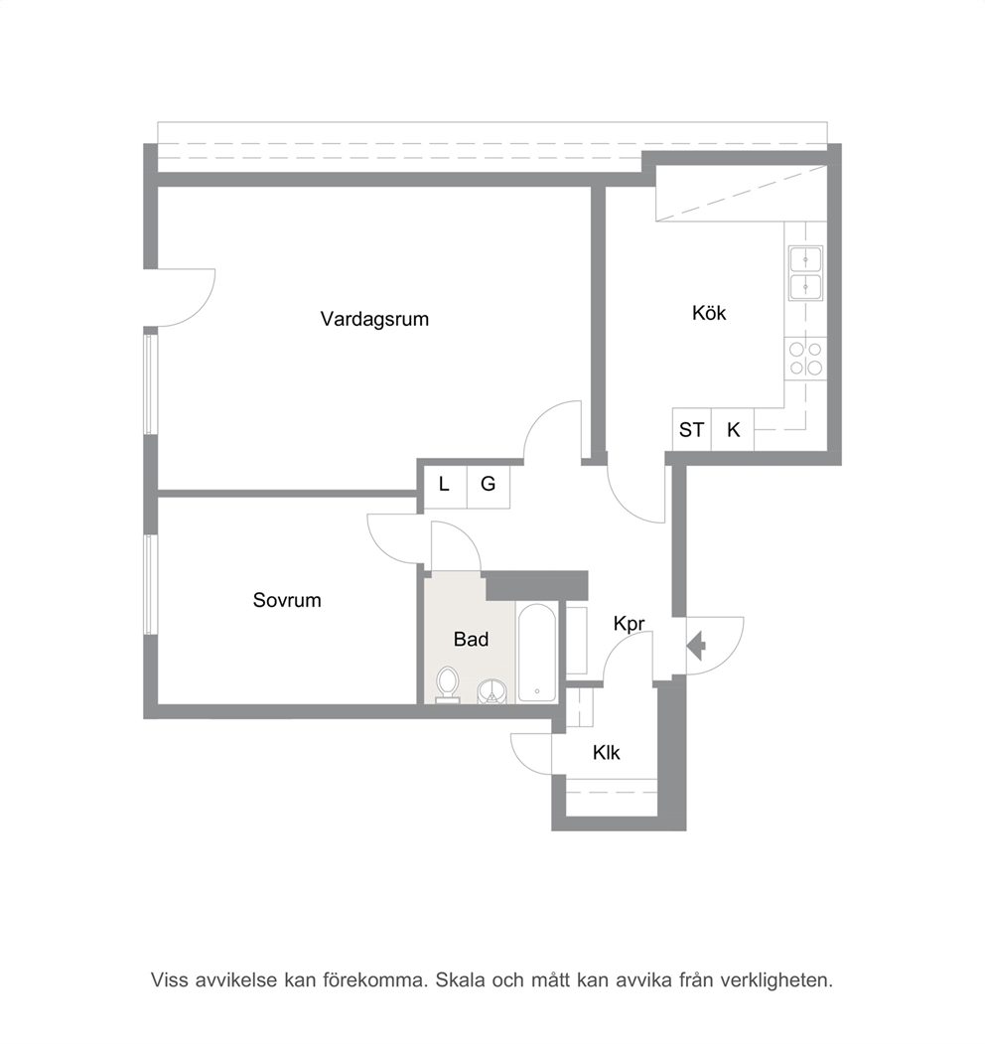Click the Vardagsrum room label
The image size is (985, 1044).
tap(374, 320)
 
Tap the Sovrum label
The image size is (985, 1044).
tap(287, 600)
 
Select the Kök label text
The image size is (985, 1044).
tap(709, 312)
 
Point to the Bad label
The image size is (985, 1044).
tap(472, 639)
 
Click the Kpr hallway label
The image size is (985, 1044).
tap(629, 624)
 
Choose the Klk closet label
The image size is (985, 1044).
tap(607, 752)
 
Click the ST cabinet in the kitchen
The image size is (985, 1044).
tap(691, 429)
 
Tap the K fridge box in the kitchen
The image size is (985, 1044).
tap(733, 429)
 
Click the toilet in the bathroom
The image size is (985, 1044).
tap(447, 685)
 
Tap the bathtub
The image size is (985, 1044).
tap(537, 653)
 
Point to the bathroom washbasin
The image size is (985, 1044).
tap(492, 691)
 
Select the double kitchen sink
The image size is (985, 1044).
tap(806, 273)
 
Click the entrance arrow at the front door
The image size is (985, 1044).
tap(696, 646)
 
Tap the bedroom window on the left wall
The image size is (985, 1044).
tap(151, 585)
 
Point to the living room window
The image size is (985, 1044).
tap(151, 384)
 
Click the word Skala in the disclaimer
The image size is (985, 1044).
tap(460, 980)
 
